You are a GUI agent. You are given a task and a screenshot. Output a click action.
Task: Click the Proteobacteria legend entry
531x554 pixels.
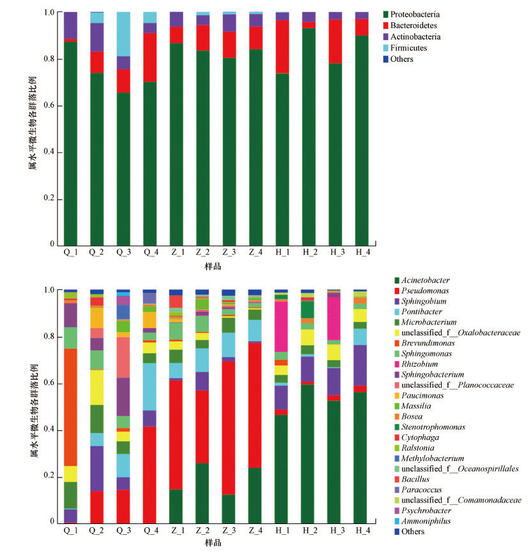point(418,14)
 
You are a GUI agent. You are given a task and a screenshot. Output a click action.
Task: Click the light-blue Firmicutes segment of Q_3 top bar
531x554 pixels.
point(127,34)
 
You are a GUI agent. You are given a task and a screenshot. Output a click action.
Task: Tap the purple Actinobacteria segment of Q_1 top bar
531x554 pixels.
point(70,26)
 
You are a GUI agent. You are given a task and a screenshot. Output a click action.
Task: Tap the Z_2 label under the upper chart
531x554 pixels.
point(202,252)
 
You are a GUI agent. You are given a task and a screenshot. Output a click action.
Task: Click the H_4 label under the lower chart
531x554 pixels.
point(361,530)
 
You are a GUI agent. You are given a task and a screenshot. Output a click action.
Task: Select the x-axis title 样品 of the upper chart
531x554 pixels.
point(213,266)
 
